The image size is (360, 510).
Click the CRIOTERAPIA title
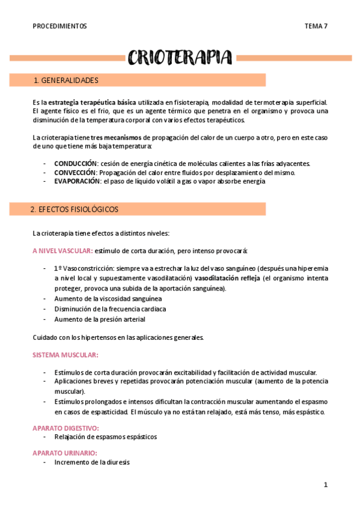[180, 57]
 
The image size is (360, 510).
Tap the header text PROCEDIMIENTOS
[59, 26]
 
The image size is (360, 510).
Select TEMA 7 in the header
[316, 26]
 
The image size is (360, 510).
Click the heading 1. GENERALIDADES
[66, 80]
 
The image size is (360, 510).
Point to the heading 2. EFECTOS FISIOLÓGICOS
[74, 209]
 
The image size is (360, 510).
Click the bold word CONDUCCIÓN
[76, 164]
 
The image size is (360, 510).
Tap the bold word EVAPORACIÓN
[78, 181]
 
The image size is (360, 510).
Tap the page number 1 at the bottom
[325, 485]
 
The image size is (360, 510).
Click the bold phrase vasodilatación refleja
[226, 278]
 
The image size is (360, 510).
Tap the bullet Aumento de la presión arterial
[100, 319]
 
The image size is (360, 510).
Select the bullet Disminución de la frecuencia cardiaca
[110, 309]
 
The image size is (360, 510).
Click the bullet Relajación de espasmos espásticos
[105, 437]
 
